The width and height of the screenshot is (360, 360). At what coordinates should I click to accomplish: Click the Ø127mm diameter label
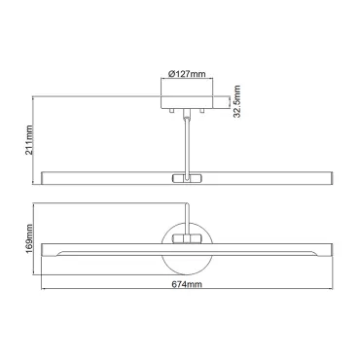click(x=187, y=74)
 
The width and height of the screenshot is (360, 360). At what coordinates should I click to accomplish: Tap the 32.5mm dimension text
click(x=237, y=101)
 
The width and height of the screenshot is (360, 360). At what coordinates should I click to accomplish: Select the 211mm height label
click(x=29, y=140)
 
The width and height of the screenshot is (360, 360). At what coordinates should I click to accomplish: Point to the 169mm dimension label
click(x=29, y=238)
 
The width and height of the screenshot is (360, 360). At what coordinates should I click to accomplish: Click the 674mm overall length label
click(x=187, y=284)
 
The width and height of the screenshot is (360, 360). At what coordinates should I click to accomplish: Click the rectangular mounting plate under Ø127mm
click(x=187, y=102)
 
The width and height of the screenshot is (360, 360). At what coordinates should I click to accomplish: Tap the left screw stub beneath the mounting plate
click(x=172, y=110)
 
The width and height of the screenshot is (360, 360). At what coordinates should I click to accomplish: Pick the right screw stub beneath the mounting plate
click(x=202, y=110)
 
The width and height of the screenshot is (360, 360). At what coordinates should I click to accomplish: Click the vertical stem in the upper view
click(x=187, y=144)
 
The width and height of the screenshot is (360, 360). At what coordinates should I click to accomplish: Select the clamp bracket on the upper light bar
click(x=187, y=178)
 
